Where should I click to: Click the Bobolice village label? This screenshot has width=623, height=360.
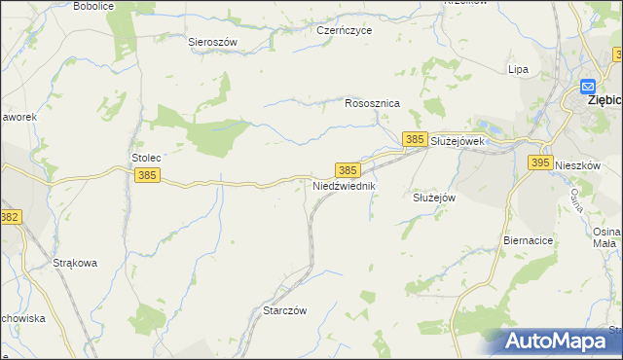(x=93, y=6)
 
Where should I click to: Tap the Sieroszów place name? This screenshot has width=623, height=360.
(x=213, y=42)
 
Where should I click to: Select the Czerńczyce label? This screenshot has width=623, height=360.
(x=345, y=30)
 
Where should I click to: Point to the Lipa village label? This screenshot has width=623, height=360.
(x=518, y=69)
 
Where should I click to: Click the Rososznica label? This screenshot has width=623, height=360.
(x=373, y=102)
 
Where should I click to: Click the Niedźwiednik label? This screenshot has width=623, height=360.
(x=343, y=185)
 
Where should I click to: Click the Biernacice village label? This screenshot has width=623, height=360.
(x=530, y=239)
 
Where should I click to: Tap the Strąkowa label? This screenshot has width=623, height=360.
(x=74, y=263)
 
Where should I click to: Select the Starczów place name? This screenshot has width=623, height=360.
(x=285, y=310)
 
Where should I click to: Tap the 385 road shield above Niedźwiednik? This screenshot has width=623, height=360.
(x=348, y=169)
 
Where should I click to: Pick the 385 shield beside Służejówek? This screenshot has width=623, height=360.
(x=415, y=140)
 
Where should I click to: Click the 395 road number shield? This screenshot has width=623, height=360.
(x=542, y=163)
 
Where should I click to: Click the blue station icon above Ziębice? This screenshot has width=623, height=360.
(x=588, y=85)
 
